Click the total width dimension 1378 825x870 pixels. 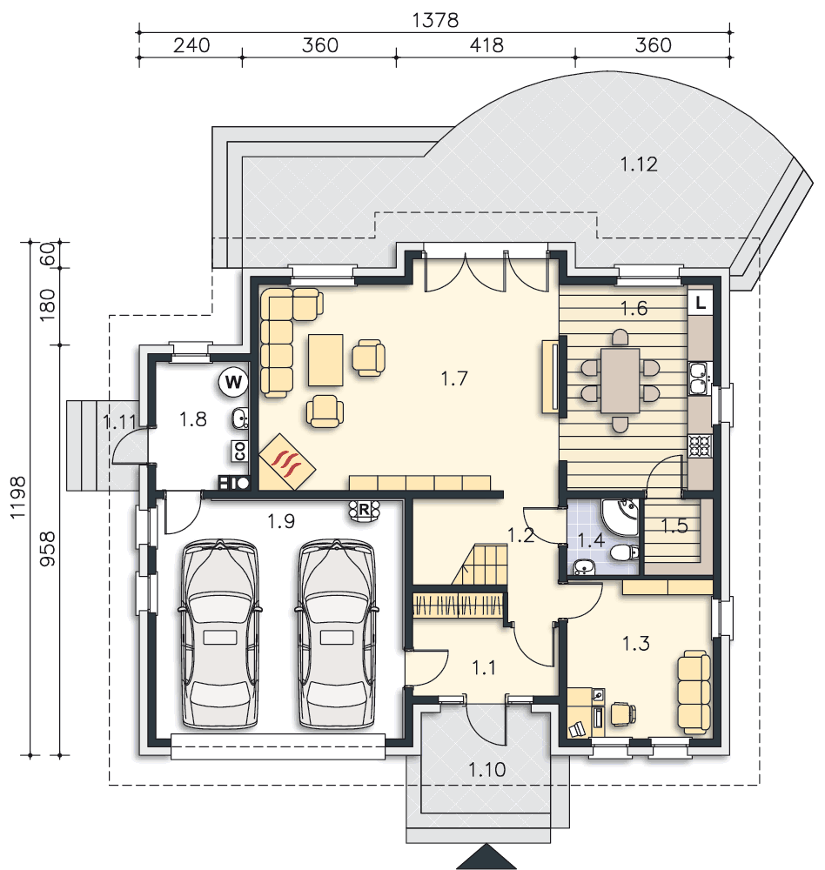[x=435, y=21]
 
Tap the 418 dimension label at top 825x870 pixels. [x=486, y=45]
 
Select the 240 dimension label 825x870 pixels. [x=191, y=45]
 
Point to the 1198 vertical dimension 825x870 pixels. [x=18, y=498]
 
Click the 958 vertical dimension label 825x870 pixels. [x=48, y=549]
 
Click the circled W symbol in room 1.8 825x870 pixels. [x=233, y=382]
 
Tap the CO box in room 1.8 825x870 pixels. [x=240, y=451]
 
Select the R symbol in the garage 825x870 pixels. [x=364, y=510]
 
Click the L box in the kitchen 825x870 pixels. [x=700, y=303]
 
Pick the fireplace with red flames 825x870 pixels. [x=287, y=462]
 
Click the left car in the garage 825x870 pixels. [x=220, y=633]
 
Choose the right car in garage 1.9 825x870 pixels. [x=337, y=633]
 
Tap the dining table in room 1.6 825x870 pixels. [x=620, y=381]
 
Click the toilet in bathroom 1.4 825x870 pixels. [x=625, y=552]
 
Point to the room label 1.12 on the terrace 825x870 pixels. [x=639, y=164]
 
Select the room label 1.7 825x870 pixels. [x=454, y=379]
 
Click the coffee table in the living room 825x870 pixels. [x=325, y=360]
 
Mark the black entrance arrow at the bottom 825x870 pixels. [x=486, y=858]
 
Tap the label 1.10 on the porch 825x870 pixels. [x=486, y=770]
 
